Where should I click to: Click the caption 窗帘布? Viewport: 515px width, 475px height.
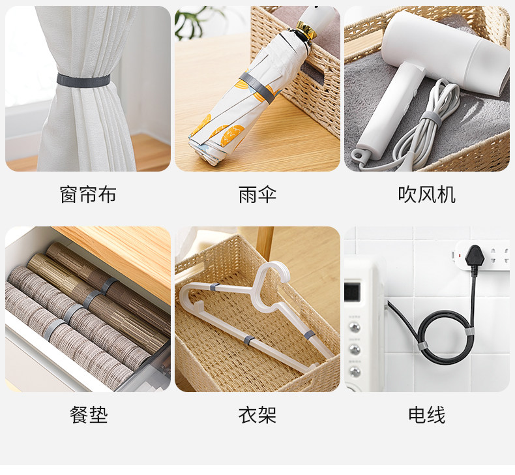88,194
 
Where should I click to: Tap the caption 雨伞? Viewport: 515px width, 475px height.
257,194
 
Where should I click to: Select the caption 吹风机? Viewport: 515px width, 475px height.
426,194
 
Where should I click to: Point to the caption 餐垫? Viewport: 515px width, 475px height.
89,415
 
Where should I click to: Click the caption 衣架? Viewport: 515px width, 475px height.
257,415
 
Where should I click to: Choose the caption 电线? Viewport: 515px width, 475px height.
426,415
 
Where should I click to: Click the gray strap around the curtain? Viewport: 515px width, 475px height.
83,80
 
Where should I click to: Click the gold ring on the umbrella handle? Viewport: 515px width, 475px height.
306,29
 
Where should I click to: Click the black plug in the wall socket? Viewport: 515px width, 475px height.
475,257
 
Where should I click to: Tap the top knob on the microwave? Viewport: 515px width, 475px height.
355,327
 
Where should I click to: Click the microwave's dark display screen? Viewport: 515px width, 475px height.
352,292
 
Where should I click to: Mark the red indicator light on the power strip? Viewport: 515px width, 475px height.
459,255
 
